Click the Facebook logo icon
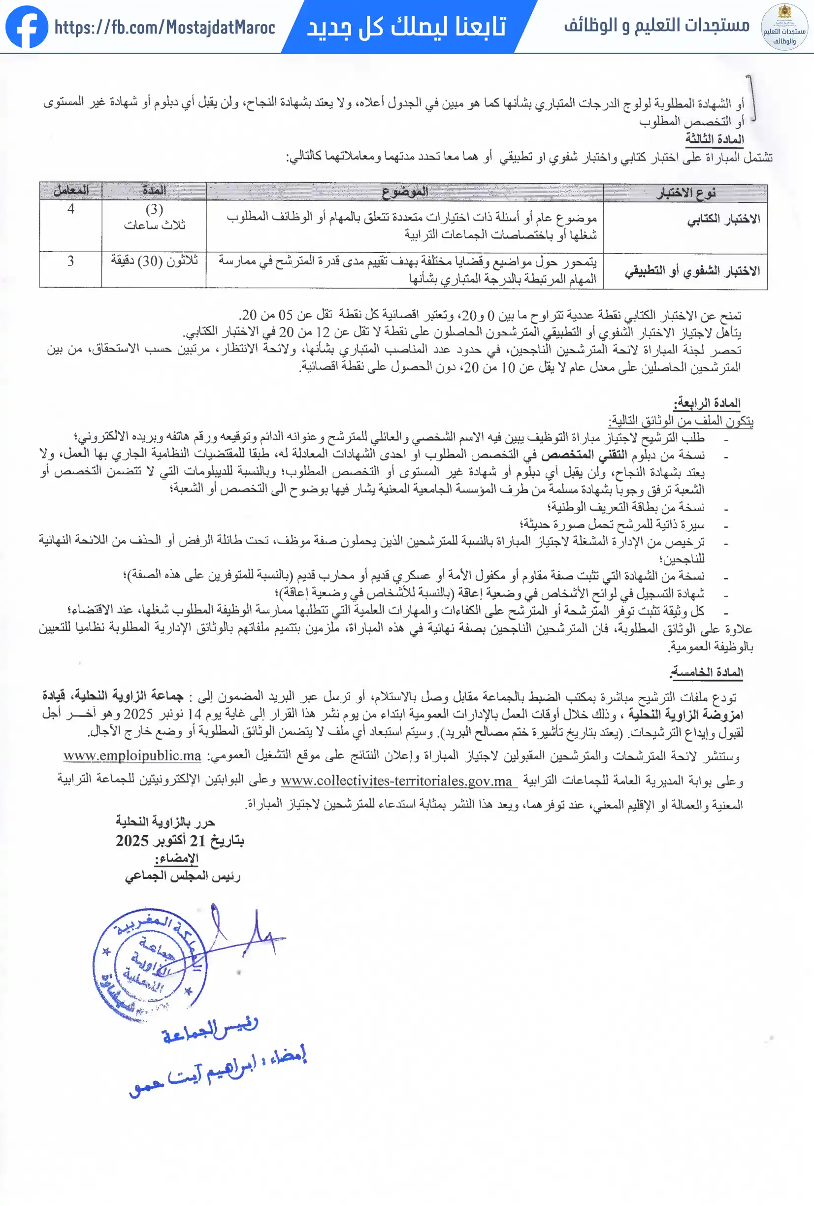27,27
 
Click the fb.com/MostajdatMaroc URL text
164,27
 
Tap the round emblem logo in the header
784,27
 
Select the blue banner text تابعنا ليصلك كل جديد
406,27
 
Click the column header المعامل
71,191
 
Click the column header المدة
154,191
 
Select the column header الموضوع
405,192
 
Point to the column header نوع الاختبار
686,194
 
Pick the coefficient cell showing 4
70,209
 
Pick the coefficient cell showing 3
70,261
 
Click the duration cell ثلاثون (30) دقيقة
155,261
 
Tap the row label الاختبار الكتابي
724,220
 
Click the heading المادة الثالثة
715,138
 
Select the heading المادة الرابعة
707,403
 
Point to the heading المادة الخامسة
707,673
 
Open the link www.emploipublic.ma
132,755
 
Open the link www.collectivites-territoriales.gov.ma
397,781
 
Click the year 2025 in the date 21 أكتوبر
132,840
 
